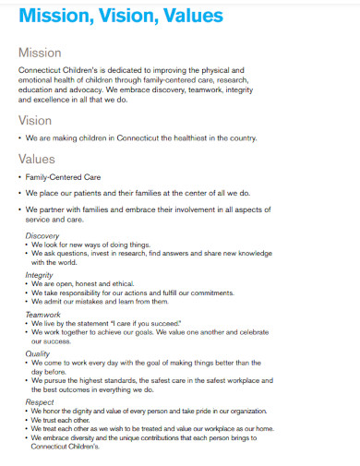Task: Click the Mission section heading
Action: point(40,53)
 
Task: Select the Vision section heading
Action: point(35,120)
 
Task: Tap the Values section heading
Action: point(37,159)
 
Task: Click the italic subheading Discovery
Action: point(42,235)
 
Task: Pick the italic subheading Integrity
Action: point(39,275)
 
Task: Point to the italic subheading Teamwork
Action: point(42,314)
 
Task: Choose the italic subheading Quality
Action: point(37,352)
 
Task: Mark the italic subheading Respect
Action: point(39,402)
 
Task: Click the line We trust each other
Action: point(64,420)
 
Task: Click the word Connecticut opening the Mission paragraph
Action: point(42,70)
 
